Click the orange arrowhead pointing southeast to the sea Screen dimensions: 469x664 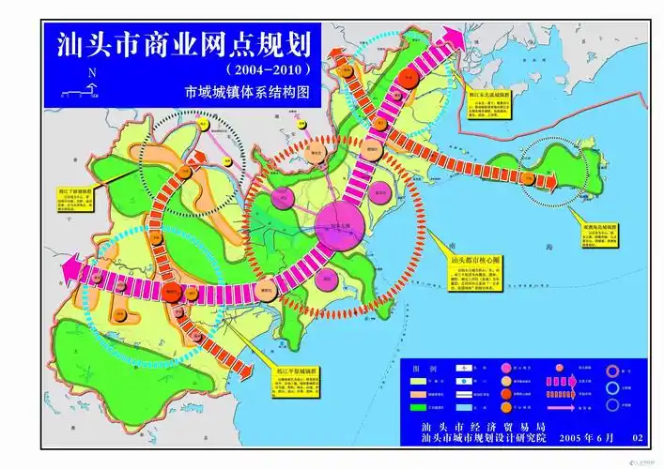[x=246, y=371]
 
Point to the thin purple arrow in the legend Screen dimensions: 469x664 [x=561, y=409]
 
